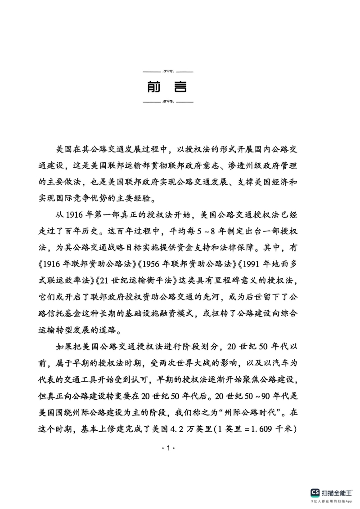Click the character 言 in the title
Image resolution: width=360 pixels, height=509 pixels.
point(180,87)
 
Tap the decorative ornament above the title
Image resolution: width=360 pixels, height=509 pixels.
point(167,71)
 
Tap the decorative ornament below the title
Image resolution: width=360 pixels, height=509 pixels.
point(167,102)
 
